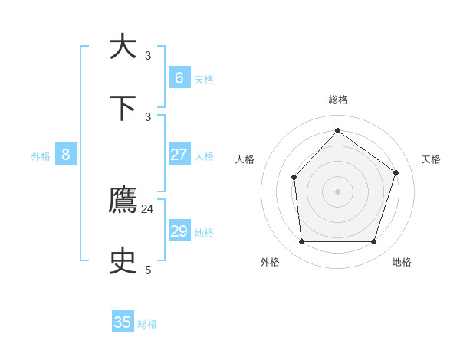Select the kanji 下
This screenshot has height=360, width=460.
click(123, 109)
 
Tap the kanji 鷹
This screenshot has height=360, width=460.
click(123, 201)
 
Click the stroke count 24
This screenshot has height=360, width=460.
click(148, 208)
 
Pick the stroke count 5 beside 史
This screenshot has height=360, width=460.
click(148, 270)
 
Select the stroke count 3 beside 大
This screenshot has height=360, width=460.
click(148, 55)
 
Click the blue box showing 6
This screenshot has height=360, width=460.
click(179, 77)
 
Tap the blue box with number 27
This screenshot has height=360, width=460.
click(179, 155)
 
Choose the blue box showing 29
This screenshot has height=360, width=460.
click(179, 231)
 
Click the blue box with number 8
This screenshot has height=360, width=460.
click(66, 155)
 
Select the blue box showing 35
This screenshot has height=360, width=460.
click(123, 322)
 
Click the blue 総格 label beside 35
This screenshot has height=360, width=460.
click(147, 324)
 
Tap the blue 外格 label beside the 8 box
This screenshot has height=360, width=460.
click(41, 156)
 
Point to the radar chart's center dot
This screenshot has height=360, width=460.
click(337, 191)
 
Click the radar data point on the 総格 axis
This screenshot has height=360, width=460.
click(337, 130)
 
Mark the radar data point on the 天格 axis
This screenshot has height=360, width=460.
click(396, 172)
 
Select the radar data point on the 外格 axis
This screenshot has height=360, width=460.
click(301, 241)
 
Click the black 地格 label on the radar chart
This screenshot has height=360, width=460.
click(402, 262)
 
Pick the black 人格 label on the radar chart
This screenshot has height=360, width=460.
click(245, 159)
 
